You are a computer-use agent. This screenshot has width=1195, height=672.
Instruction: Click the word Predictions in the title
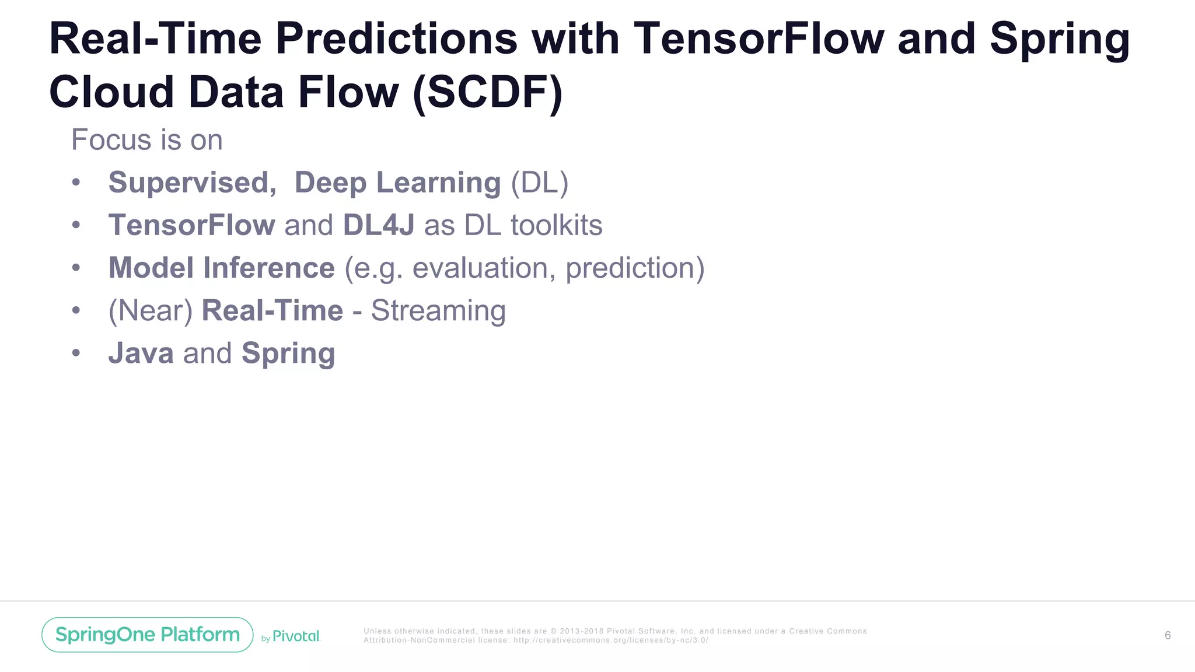coord(396,39)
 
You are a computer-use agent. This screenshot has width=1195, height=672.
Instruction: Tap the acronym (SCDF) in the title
coord(487,93)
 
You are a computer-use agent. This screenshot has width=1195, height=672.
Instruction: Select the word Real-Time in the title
coord(156,39)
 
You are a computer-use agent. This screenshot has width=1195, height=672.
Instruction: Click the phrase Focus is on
coord(147,140)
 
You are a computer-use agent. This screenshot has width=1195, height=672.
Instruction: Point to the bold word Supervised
coord(192,183)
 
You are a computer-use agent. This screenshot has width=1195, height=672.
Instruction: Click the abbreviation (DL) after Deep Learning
coord(539,183)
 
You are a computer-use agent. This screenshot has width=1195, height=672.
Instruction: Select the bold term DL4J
coord(379,225)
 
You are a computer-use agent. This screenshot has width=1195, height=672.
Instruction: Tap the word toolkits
coord(556,225)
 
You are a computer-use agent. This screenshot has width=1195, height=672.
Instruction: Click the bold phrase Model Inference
coord(222,268)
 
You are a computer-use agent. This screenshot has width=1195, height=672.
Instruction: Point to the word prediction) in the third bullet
coord(635,268)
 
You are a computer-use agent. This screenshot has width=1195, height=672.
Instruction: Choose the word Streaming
coord(438,310)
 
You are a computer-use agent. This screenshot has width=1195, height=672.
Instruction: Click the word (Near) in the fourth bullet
coord(151,310)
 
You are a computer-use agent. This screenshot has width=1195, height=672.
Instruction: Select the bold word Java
coord(141,353)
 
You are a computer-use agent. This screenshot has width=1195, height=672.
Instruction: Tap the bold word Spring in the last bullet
coord(288,353)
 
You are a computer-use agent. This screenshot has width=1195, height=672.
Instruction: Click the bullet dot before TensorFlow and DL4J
coord(76,225)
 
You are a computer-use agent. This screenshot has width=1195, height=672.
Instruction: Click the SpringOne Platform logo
coord(148,635)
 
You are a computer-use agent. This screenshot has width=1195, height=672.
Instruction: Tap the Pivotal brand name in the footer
coord(296,636)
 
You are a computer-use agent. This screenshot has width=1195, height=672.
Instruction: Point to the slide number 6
coord(1167,635)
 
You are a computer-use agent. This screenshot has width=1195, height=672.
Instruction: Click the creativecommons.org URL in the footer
coord(610,640)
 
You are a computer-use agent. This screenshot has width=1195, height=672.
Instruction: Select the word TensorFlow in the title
coord(759,39)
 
